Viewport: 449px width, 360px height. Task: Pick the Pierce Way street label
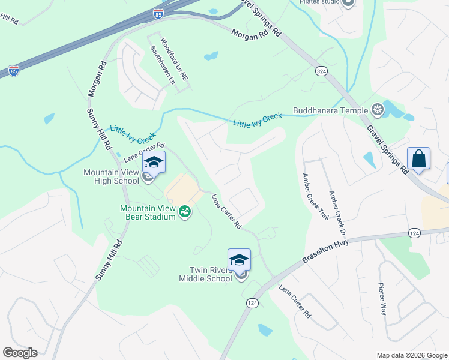[382, 299]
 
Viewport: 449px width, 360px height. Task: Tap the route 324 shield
[322, 71]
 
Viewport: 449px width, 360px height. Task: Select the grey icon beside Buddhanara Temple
[378, 109]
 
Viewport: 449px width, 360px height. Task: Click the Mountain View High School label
[111, 176]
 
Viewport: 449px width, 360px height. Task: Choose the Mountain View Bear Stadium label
[147, 212]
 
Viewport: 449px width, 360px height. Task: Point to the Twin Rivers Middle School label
[206, 274]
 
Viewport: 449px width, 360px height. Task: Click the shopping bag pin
[418, 159]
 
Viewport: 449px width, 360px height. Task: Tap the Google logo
[20, 353]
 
